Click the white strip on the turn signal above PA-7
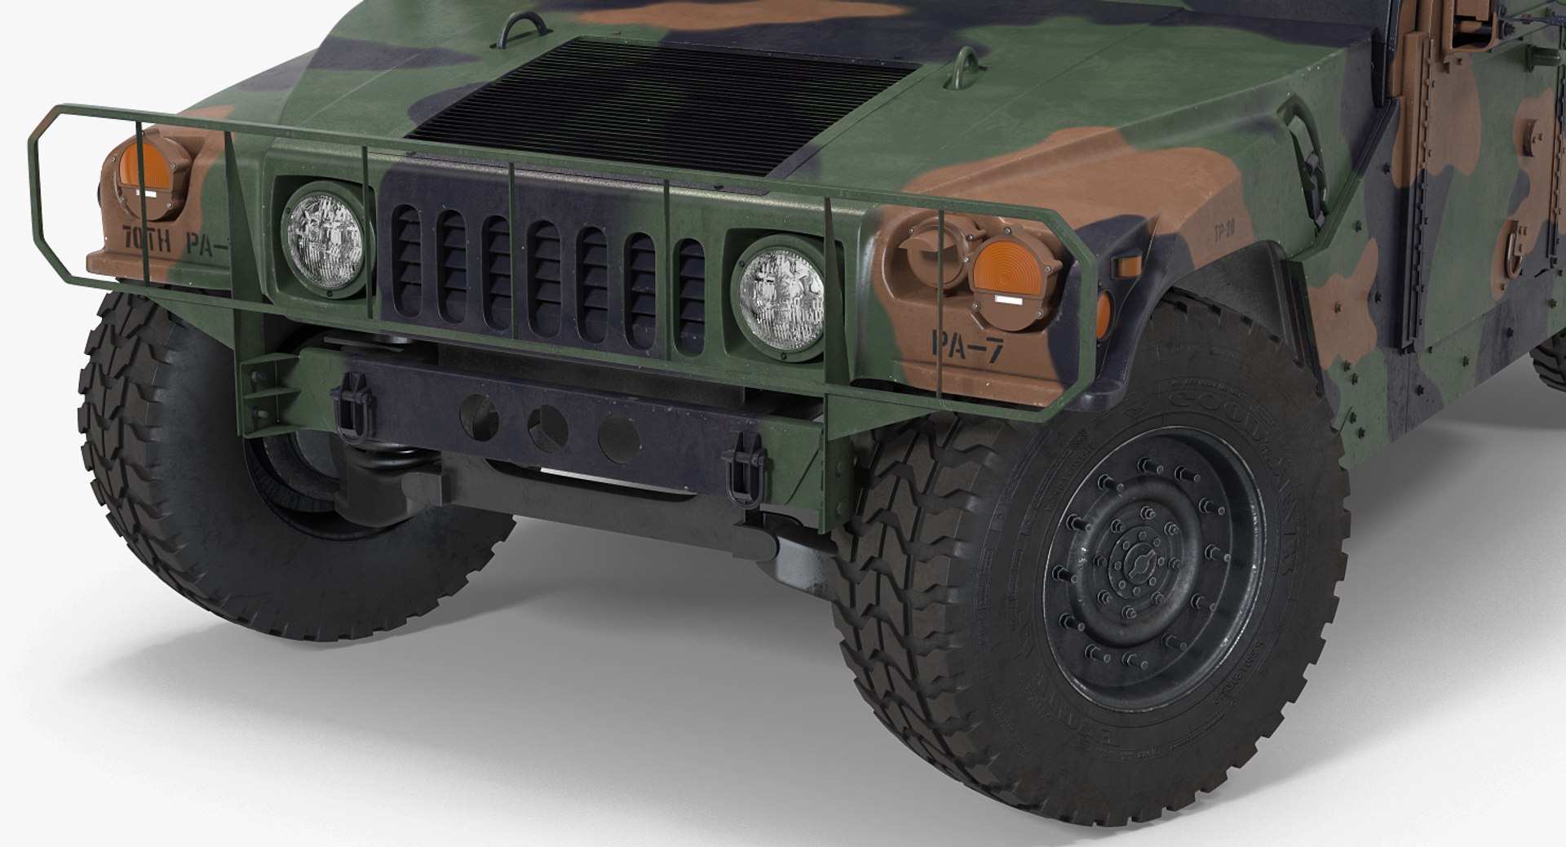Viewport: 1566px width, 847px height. (1007, 300)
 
